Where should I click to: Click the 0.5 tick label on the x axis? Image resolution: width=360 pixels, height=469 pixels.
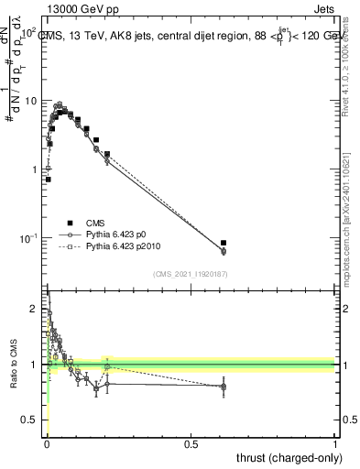click(191, 444)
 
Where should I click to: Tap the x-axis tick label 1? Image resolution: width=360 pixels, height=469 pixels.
click(335, 444)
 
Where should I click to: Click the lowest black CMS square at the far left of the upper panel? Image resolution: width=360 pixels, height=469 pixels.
click(48, 180)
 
